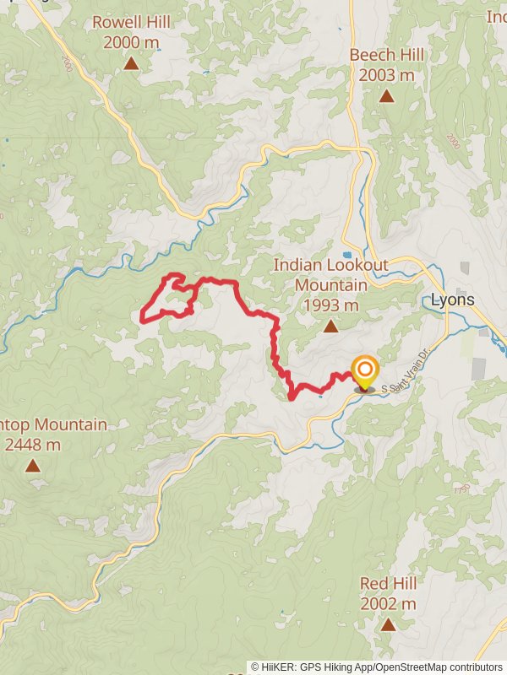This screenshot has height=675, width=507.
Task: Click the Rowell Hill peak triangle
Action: [131, 63]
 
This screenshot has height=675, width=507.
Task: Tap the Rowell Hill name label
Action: [131, 22]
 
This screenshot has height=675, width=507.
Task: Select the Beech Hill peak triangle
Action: [386, 96]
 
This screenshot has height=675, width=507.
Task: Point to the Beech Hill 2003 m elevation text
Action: [386, 75]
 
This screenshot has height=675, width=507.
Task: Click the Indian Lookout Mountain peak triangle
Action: [330, 326]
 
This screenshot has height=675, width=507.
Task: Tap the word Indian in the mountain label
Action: [295, 265]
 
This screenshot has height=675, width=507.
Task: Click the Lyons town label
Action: [453, 300]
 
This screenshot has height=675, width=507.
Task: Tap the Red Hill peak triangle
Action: [388, 625]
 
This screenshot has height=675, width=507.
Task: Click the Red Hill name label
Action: [388, 584]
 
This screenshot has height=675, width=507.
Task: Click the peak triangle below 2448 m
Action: [32, 465]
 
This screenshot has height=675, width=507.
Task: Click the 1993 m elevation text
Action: [330, 305]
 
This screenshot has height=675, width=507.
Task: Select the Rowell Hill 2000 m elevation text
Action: [131, 42]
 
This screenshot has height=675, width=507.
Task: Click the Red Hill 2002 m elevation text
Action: [388, 604]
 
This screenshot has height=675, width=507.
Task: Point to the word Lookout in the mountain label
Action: [353, 265]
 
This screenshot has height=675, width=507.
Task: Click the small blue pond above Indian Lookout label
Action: [346, 254]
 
